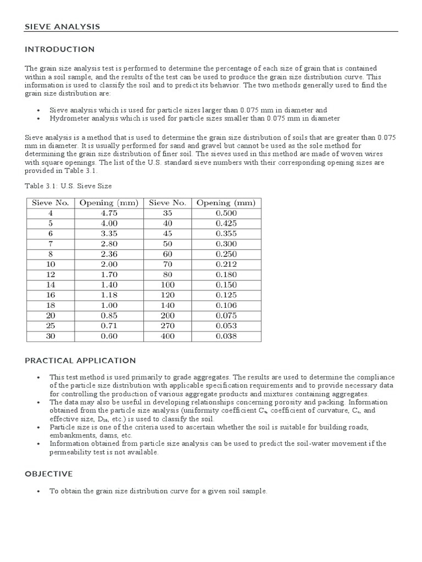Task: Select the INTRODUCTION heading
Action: coord(60,49)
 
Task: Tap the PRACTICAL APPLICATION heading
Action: coord(80,361)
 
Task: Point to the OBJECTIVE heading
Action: coord(49,473)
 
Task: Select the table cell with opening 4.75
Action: coord(109,213)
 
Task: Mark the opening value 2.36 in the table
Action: coord(109,254)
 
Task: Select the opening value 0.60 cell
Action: coord(109,336)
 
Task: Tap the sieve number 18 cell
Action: coord(50,306)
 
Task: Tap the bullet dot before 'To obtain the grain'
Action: coord(38,492)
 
